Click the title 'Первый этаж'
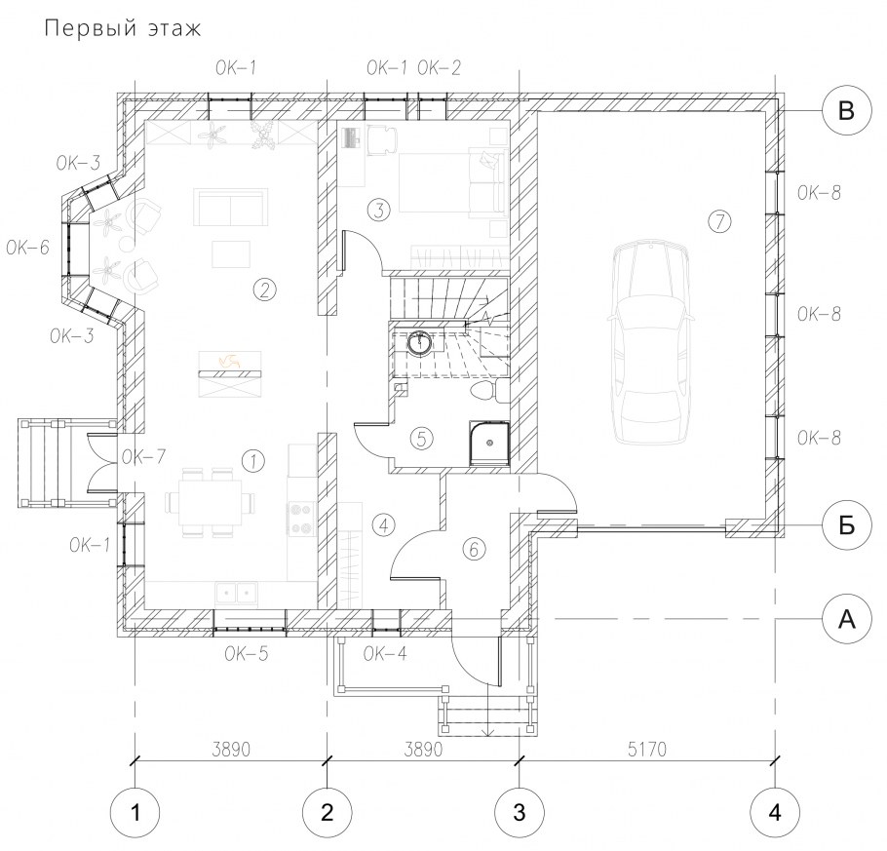coord(122,28)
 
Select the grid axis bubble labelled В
coord(846,110)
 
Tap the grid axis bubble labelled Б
coord(846,525)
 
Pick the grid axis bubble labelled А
coord(846,619)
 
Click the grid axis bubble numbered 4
coord(775,813)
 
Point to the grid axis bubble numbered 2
coord(327,813)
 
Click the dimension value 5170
coord(647,750)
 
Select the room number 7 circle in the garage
coord(719,221)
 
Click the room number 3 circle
coord(378,210)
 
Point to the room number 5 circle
coord(421,438)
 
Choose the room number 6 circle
coord(474,549)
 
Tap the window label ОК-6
coord(28,248)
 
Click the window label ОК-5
coord(246,654)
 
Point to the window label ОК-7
coord(143,456)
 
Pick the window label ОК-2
coord(439,68)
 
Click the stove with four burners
coord(299,518)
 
